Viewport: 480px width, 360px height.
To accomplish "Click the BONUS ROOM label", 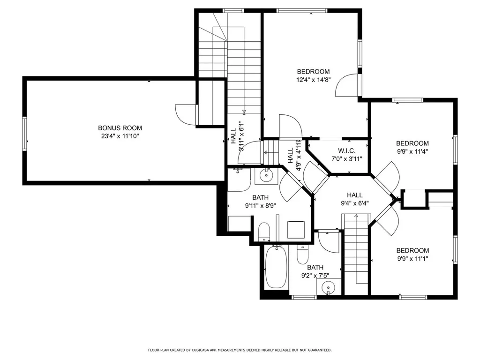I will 120,128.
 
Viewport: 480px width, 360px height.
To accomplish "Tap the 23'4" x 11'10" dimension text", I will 120,136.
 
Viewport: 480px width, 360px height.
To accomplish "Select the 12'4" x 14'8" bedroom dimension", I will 313,80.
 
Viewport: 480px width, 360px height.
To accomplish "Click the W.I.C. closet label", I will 347,151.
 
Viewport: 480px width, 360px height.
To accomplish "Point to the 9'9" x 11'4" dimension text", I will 412,151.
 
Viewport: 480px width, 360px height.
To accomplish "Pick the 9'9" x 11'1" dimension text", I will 412,258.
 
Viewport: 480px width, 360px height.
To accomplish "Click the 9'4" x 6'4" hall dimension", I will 354,203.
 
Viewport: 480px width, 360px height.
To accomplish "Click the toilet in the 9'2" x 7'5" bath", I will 303,255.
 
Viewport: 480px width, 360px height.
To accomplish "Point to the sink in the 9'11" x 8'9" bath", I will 266,176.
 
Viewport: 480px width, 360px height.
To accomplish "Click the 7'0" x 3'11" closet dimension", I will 347,159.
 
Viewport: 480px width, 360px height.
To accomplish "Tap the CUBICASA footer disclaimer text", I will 240,350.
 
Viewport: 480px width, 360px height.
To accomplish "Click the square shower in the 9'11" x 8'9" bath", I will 295,229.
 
